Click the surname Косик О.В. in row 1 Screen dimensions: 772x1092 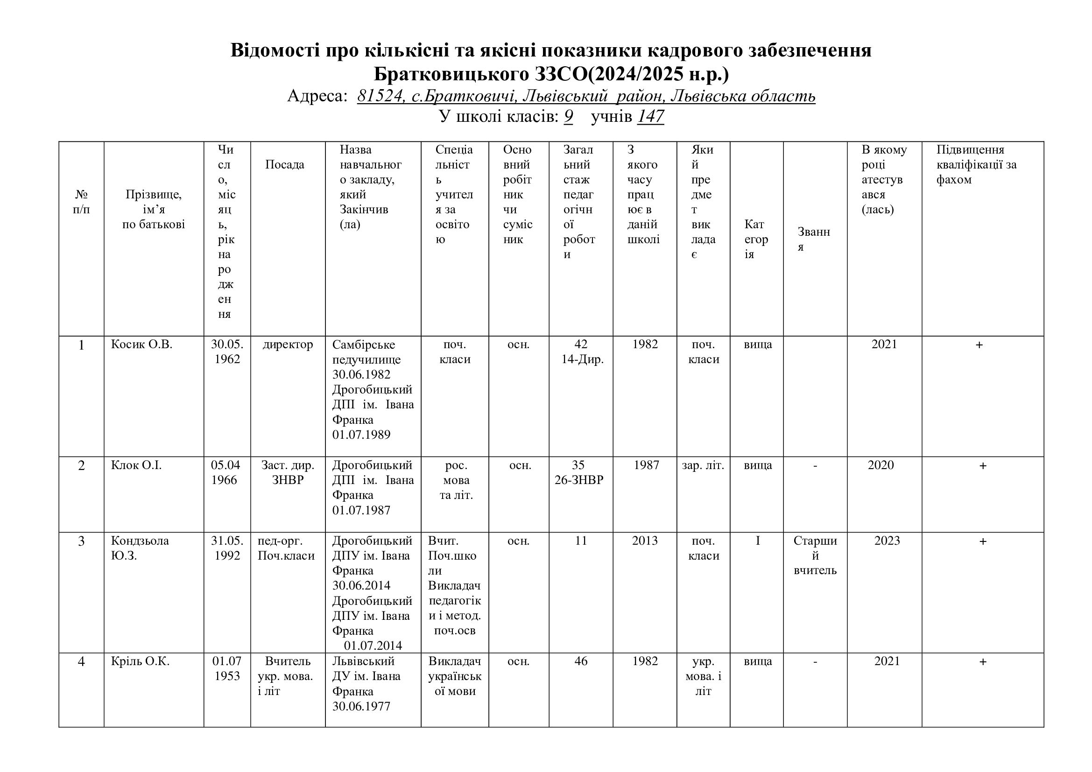point(141,344)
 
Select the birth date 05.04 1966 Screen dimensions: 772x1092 point(225,472)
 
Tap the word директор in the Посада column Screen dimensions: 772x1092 point(288,344)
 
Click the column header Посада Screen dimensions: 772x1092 point(284,164)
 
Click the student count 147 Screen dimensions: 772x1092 point(650,117)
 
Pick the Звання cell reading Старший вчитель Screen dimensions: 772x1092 point(815,555)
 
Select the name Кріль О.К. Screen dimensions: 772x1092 point(140,661)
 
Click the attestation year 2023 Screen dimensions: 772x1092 point(887,541)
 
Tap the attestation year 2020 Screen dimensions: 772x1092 point(881,465)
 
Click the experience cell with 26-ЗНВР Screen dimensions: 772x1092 point(579,480)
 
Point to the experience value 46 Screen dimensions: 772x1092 point(581,661)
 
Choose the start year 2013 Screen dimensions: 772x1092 point(644,541)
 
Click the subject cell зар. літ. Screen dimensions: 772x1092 point(703,465)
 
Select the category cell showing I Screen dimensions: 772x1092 point(758,541)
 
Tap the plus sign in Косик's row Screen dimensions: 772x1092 point(979,345)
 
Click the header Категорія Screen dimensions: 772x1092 point(756,239)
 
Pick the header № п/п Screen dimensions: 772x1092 point(81,202)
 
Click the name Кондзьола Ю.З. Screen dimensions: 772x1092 point(140,548)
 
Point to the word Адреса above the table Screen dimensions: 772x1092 point(317,96)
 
